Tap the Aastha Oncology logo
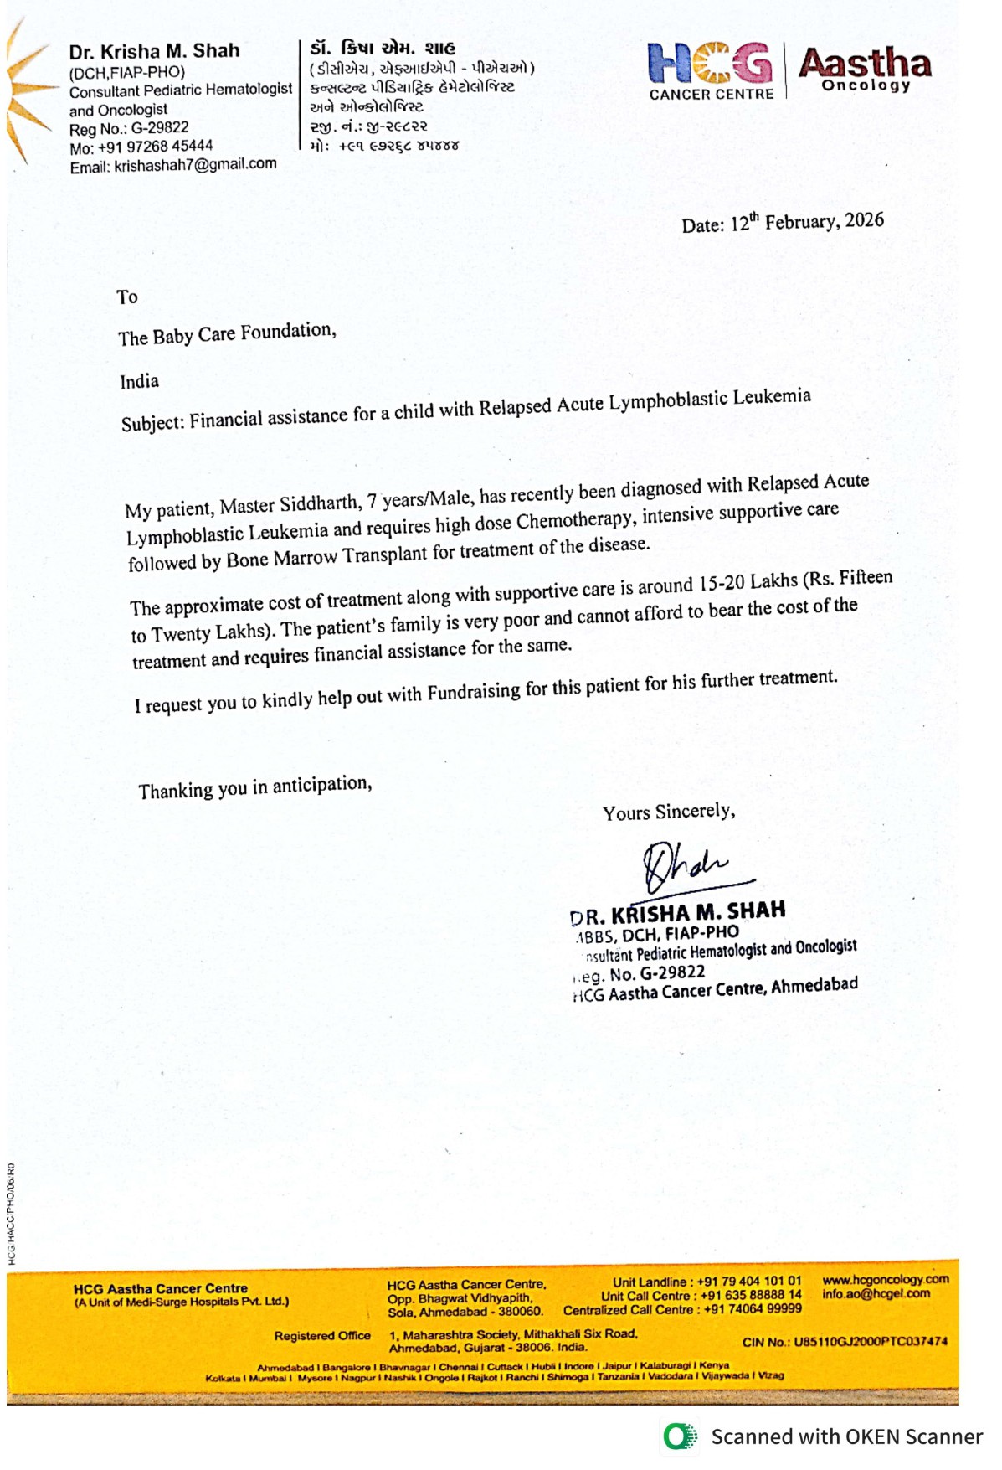click(865, 69)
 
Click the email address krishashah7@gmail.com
click(195, 165)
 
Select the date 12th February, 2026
click(807, 222)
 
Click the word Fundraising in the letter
click(474, 692)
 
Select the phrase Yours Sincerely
click(669, 812)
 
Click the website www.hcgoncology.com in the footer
click(886, 1279)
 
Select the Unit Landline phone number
click(748, 1282)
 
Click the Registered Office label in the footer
click(322, 1335)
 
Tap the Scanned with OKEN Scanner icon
click(681, 1436)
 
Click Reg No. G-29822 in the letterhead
click(129, 128)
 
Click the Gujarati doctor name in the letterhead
click(383, 49)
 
